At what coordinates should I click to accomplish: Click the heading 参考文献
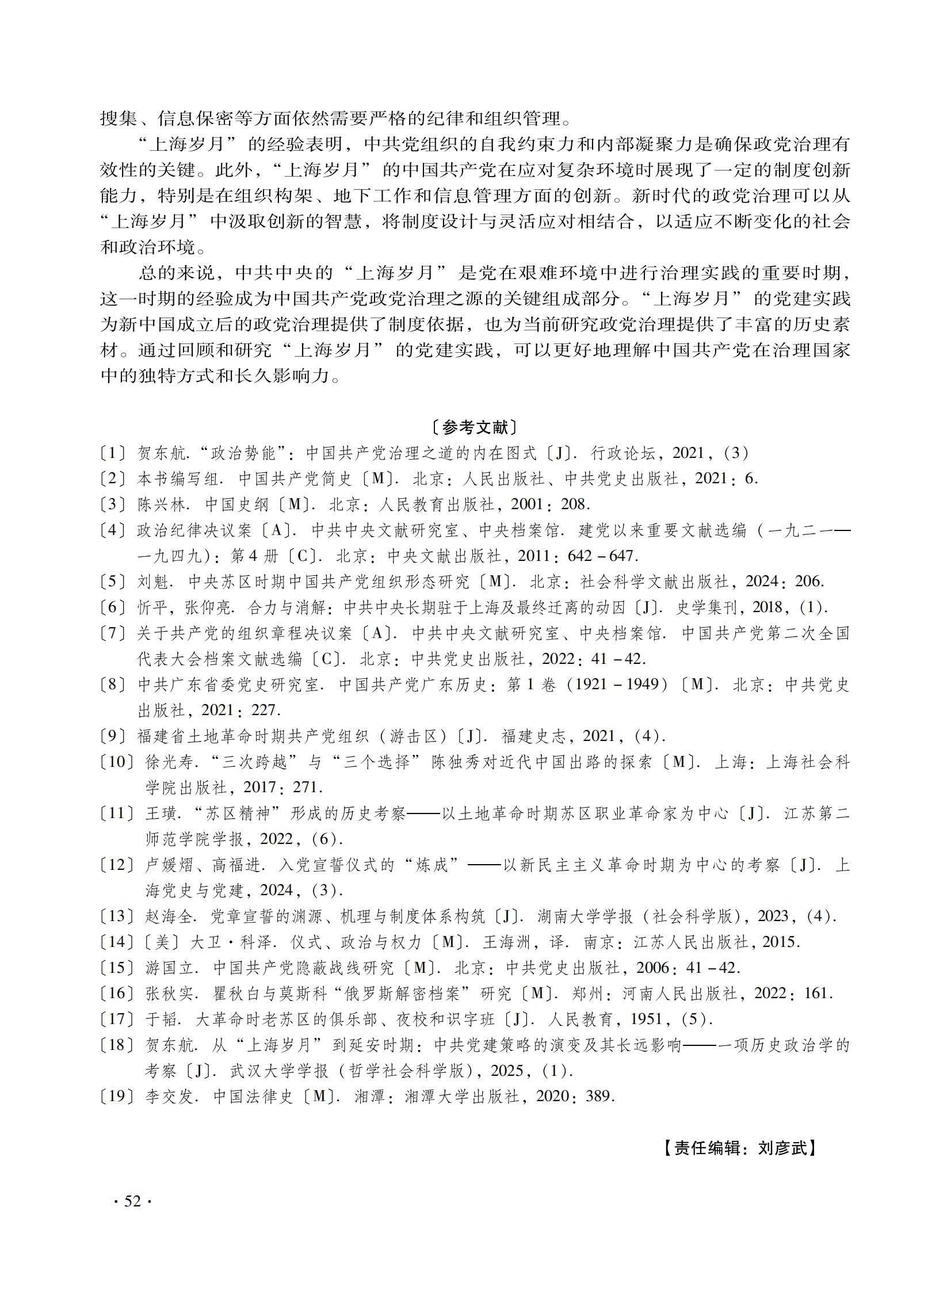click(x=475, y=427)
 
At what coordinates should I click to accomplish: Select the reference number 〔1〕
click(x=113, y=453)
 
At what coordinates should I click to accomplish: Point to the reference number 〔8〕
click(x=113, y=685)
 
